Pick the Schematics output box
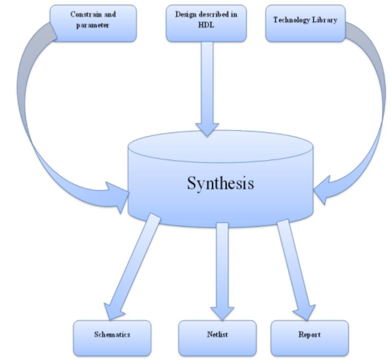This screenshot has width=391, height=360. (112, 335)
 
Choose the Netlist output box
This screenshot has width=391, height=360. (217, 335)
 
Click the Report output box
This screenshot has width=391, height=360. (309, 335)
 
